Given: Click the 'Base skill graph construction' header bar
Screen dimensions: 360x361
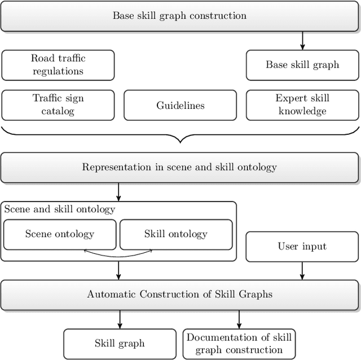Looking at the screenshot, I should pos(179,15).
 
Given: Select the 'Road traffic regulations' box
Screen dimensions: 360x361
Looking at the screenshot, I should pos(58,65).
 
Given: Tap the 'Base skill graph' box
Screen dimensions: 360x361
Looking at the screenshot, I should pos(302,65).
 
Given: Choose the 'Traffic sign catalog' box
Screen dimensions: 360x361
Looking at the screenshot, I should pos(58,105).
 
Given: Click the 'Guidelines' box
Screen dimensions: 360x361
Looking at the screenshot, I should pos(180,105).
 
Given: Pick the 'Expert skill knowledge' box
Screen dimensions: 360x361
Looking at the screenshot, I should pos(302,105).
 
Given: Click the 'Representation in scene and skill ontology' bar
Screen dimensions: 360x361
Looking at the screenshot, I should pos(179,167).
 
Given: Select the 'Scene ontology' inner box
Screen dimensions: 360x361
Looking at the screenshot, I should pos(60,234).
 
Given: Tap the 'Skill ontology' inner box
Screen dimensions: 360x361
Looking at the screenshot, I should pos(176,234).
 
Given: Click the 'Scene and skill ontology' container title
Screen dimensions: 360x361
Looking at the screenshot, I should pos(60,209).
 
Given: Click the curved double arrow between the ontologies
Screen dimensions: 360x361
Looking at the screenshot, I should pos(118,253).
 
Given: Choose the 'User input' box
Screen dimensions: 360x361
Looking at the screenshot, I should pos(302,247).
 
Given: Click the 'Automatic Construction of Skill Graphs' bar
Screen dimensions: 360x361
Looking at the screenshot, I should pos(179,294).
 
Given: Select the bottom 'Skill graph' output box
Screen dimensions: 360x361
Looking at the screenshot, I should pos(120,343).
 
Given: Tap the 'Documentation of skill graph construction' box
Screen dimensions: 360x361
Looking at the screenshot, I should pos(239,343).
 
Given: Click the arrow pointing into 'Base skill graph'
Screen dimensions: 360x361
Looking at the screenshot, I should pos(302,40).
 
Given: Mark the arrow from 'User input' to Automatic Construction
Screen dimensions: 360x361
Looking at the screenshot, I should pos(302,270).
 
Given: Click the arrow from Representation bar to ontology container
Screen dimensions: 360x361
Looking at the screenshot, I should pos(118,192).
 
